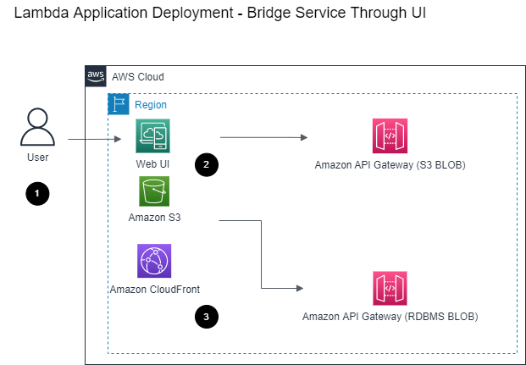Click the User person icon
(37, 127)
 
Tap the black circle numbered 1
(37, 194)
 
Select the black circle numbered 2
(207, 164)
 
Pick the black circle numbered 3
(207, 317)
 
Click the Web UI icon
(152, 135)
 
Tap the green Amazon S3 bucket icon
(154, 191)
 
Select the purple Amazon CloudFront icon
(154, 261)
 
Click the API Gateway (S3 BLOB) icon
(390, 135)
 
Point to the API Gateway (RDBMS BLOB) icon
(390, 288)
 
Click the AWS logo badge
(96, 76)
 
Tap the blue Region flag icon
(119, 104)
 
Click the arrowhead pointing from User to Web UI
(118, 139)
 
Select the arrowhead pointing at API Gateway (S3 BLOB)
(304, 137)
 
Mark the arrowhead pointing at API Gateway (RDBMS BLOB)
(300, 288)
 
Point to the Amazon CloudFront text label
(155, 289)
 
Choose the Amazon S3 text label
(154, 218)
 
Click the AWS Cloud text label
(138, 77)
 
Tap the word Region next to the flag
(151, 105)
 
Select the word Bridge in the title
(271, 13)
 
